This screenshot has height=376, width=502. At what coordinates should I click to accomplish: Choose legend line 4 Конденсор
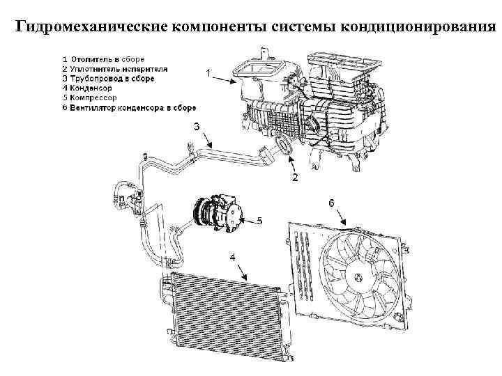tap(91, 88)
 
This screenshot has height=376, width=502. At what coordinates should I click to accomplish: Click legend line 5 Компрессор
tap(95, 98)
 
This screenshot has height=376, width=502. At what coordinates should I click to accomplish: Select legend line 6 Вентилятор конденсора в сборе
tap(132, 108)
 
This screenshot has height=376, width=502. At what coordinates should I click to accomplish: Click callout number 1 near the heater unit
tap(207, 72)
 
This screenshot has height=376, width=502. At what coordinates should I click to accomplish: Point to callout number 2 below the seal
tap(295, 178)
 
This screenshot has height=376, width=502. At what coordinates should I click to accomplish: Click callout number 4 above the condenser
tap(233, 257)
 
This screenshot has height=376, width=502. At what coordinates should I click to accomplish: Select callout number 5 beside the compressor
tap(259, 221)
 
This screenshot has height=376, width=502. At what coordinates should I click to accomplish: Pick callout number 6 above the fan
tap(332, 202)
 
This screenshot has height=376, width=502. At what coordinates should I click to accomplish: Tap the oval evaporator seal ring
tap(284, 148)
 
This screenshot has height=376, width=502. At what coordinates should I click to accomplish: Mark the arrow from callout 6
tap(340, 215)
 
